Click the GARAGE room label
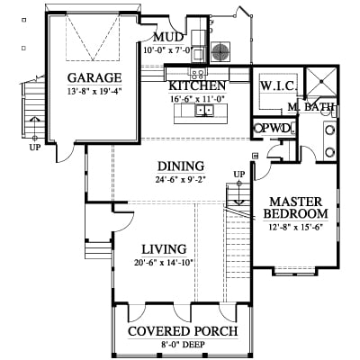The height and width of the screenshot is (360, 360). tap(94, 77)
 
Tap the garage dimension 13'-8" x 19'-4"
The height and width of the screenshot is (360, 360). tap(94, 91)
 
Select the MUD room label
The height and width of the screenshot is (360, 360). tap(168, 38)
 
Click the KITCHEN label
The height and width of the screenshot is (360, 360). tap(197, 85)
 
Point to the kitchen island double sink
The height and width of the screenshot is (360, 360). tap(205, 110)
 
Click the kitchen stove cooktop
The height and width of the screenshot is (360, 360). tap(197, 73)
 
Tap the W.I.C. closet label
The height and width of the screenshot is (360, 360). tap(279, 86)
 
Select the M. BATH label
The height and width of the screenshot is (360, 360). tap(310, 106)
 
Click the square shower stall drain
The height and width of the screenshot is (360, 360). tap(321, 81)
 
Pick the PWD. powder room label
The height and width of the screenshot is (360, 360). tap(276, 129)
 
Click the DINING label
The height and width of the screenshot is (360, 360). tap(181, 166)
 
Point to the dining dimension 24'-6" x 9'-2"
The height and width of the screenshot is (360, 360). tap(181, 179)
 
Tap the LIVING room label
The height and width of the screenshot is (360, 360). tap(164, 249)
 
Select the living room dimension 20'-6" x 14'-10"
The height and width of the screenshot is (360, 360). tap(164, 263)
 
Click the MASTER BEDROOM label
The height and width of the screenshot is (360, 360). tap(295, 208)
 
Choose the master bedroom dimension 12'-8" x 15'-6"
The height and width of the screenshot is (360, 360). tap(295, 227)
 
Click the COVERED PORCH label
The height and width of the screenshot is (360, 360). tap(183, 331)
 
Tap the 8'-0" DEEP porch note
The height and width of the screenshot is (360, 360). tap(183, 345)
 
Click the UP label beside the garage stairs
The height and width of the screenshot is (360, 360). tap(35, 148)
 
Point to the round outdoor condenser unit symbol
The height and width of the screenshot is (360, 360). tap(220, 51)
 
